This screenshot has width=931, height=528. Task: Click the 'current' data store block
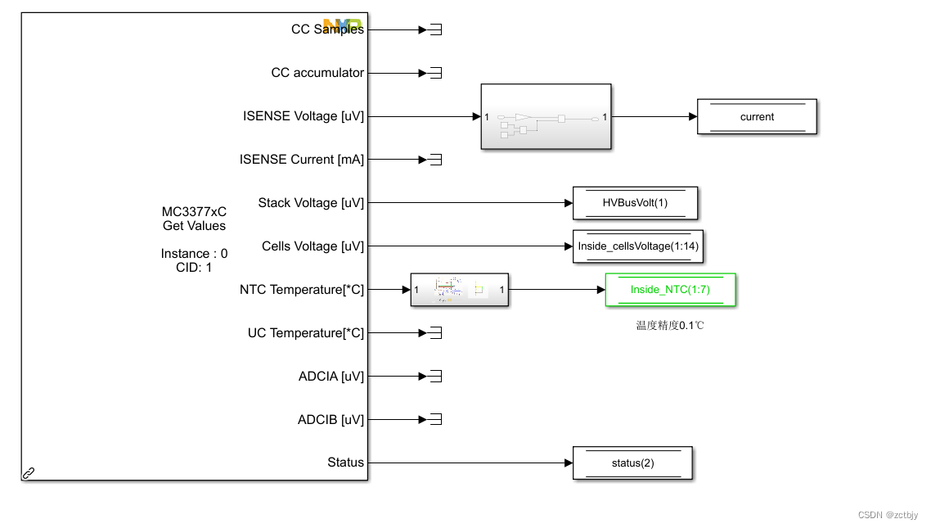(x=757, y=117)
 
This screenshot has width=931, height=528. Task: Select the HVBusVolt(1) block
(x=635, y=203)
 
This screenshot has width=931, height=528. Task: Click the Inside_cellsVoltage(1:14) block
(x=638, y=246)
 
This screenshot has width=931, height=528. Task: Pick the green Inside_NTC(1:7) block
(x=670, y=290)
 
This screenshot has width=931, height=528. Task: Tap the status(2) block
(x=632, y=463)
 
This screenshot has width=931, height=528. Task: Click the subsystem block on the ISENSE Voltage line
(x=546, y=117)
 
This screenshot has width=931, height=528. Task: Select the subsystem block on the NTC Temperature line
(x=459, y=290)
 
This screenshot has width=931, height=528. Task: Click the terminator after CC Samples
(x=435, y=30)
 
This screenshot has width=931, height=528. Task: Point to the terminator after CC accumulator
(x=435, y=73)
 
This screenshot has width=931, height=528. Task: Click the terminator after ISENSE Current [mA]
(x=435, y=160)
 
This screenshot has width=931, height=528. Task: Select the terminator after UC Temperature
(x=435, y=333)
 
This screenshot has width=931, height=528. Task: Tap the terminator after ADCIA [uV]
(x=435, y=377)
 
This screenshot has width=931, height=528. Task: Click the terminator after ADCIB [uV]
(x=435, y=420)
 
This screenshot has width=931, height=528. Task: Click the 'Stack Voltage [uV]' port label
(x=311, y=203)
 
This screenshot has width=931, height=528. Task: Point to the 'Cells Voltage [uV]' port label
(x=313, y=246)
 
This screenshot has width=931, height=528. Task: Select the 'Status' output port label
(x=345, y=463)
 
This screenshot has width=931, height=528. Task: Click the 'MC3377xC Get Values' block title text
(x=194, y=219)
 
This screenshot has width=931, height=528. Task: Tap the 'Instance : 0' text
(x=194, y=254)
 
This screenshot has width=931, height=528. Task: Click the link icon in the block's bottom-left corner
(x=29, y=472)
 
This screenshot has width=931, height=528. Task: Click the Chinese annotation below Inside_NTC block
(x=670, y=326)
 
